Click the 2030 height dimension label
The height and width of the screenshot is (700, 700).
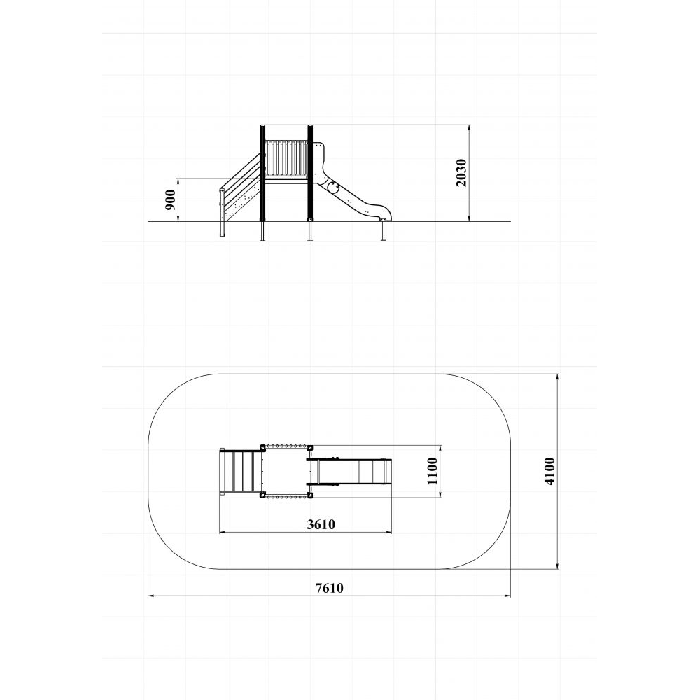461,173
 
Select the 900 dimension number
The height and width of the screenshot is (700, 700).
170,199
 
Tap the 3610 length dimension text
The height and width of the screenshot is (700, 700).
321,524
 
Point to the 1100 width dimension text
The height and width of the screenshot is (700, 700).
433,471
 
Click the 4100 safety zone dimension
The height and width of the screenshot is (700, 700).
549,471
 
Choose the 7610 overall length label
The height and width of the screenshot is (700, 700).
330,588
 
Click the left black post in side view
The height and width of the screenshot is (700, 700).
263,173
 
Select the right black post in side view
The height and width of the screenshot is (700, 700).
310,173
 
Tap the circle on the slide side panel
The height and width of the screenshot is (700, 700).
332,188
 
